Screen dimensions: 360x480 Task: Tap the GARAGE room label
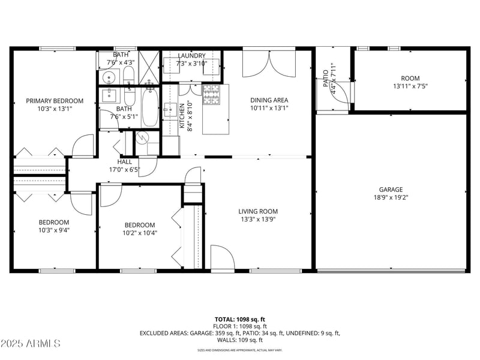[391, 189]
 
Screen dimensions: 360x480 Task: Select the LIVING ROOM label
[258, 211]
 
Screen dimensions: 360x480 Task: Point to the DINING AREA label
[269, 100]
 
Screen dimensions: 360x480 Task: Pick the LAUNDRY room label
[191, 56]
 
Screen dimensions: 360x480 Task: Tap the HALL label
[125, 161]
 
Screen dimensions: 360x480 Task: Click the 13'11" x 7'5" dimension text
[410, 86]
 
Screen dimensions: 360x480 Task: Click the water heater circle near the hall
[142, 137]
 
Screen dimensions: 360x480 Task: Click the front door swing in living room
[222, 259]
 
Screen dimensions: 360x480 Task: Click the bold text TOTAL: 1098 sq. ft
[240, 319]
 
